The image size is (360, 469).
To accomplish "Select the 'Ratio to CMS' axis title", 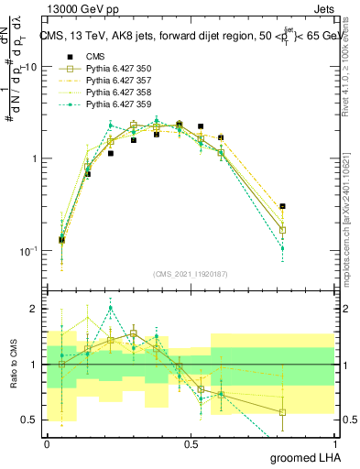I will tap(12, 364).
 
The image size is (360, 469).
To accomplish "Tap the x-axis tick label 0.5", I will tap(191, 443).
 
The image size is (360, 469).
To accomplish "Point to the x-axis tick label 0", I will tap(47, 443).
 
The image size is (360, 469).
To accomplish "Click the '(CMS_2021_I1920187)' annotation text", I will tap(191, 274).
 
